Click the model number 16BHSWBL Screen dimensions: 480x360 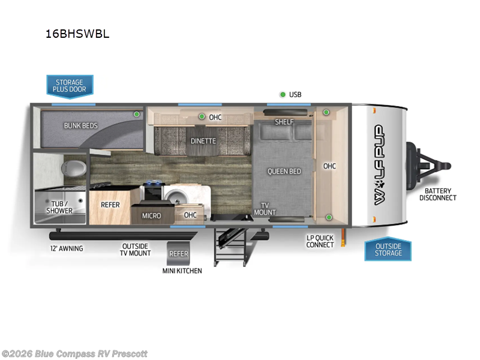coord(77,34)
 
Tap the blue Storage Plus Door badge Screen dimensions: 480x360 coord(70,86)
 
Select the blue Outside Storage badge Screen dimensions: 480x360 coord(388,249)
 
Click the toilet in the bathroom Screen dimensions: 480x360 coord(73,168)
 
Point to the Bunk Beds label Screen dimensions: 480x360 coord(81,125)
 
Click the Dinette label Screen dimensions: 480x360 coord(203,141)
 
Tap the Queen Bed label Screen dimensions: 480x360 coord(284,172)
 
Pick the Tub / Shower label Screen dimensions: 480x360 coord(59,207)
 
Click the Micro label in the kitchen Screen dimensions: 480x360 coord(152,216)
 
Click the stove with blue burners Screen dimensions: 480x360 coord(153,190)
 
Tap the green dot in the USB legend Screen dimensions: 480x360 coord(283,95)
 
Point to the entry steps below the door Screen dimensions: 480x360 coord(232,247)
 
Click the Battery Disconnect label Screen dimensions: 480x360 coord(438,194)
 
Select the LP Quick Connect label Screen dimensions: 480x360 coord(320,241)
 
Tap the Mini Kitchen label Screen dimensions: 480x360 coord(182,271)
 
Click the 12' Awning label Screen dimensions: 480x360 coord(67,248)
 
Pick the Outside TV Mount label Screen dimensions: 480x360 coord(136,250)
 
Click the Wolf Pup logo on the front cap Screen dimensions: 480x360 coord(379,164)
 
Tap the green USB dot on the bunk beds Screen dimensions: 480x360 coord(137,114)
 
